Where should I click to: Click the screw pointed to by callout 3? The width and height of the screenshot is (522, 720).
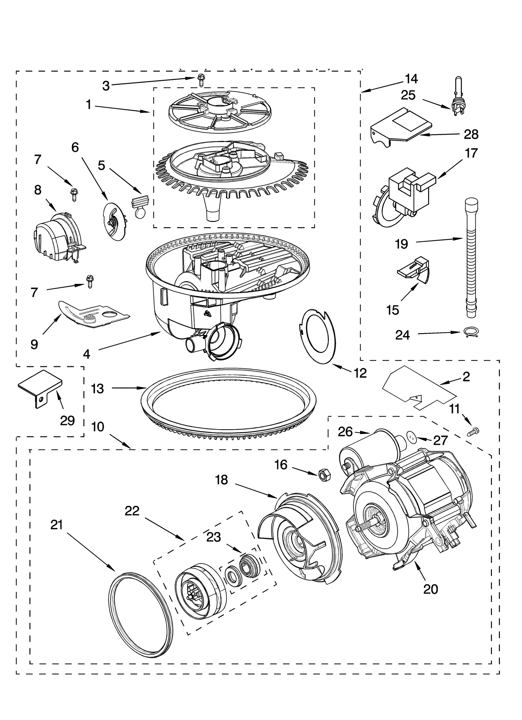pos(201,80)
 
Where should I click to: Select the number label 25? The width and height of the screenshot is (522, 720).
pos(408,95)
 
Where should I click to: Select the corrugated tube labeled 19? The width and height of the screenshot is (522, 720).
pos(470,261)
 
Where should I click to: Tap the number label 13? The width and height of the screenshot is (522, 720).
pos(98,389)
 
